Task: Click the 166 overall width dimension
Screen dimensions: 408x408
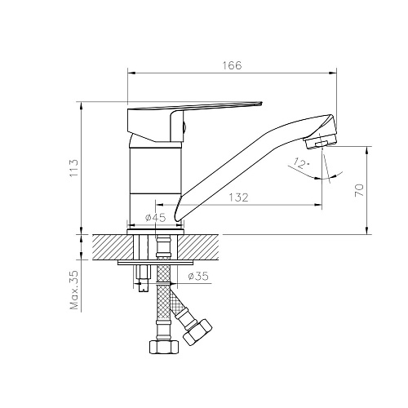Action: coord(232,65)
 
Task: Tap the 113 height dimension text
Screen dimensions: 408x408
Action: coord(73,167)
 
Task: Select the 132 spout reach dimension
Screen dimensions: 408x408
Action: coord(238,197)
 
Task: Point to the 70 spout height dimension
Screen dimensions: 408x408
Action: coord(359,190)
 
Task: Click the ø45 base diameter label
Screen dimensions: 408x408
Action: coord(155,217)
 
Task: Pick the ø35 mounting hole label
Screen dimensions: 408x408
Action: coord(198,277)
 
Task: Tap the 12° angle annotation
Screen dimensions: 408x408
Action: coord(301,164)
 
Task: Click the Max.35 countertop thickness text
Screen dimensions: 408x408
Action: coord(73,290)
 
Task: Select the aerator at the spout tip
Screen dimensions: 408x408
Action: coord(321,142)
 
